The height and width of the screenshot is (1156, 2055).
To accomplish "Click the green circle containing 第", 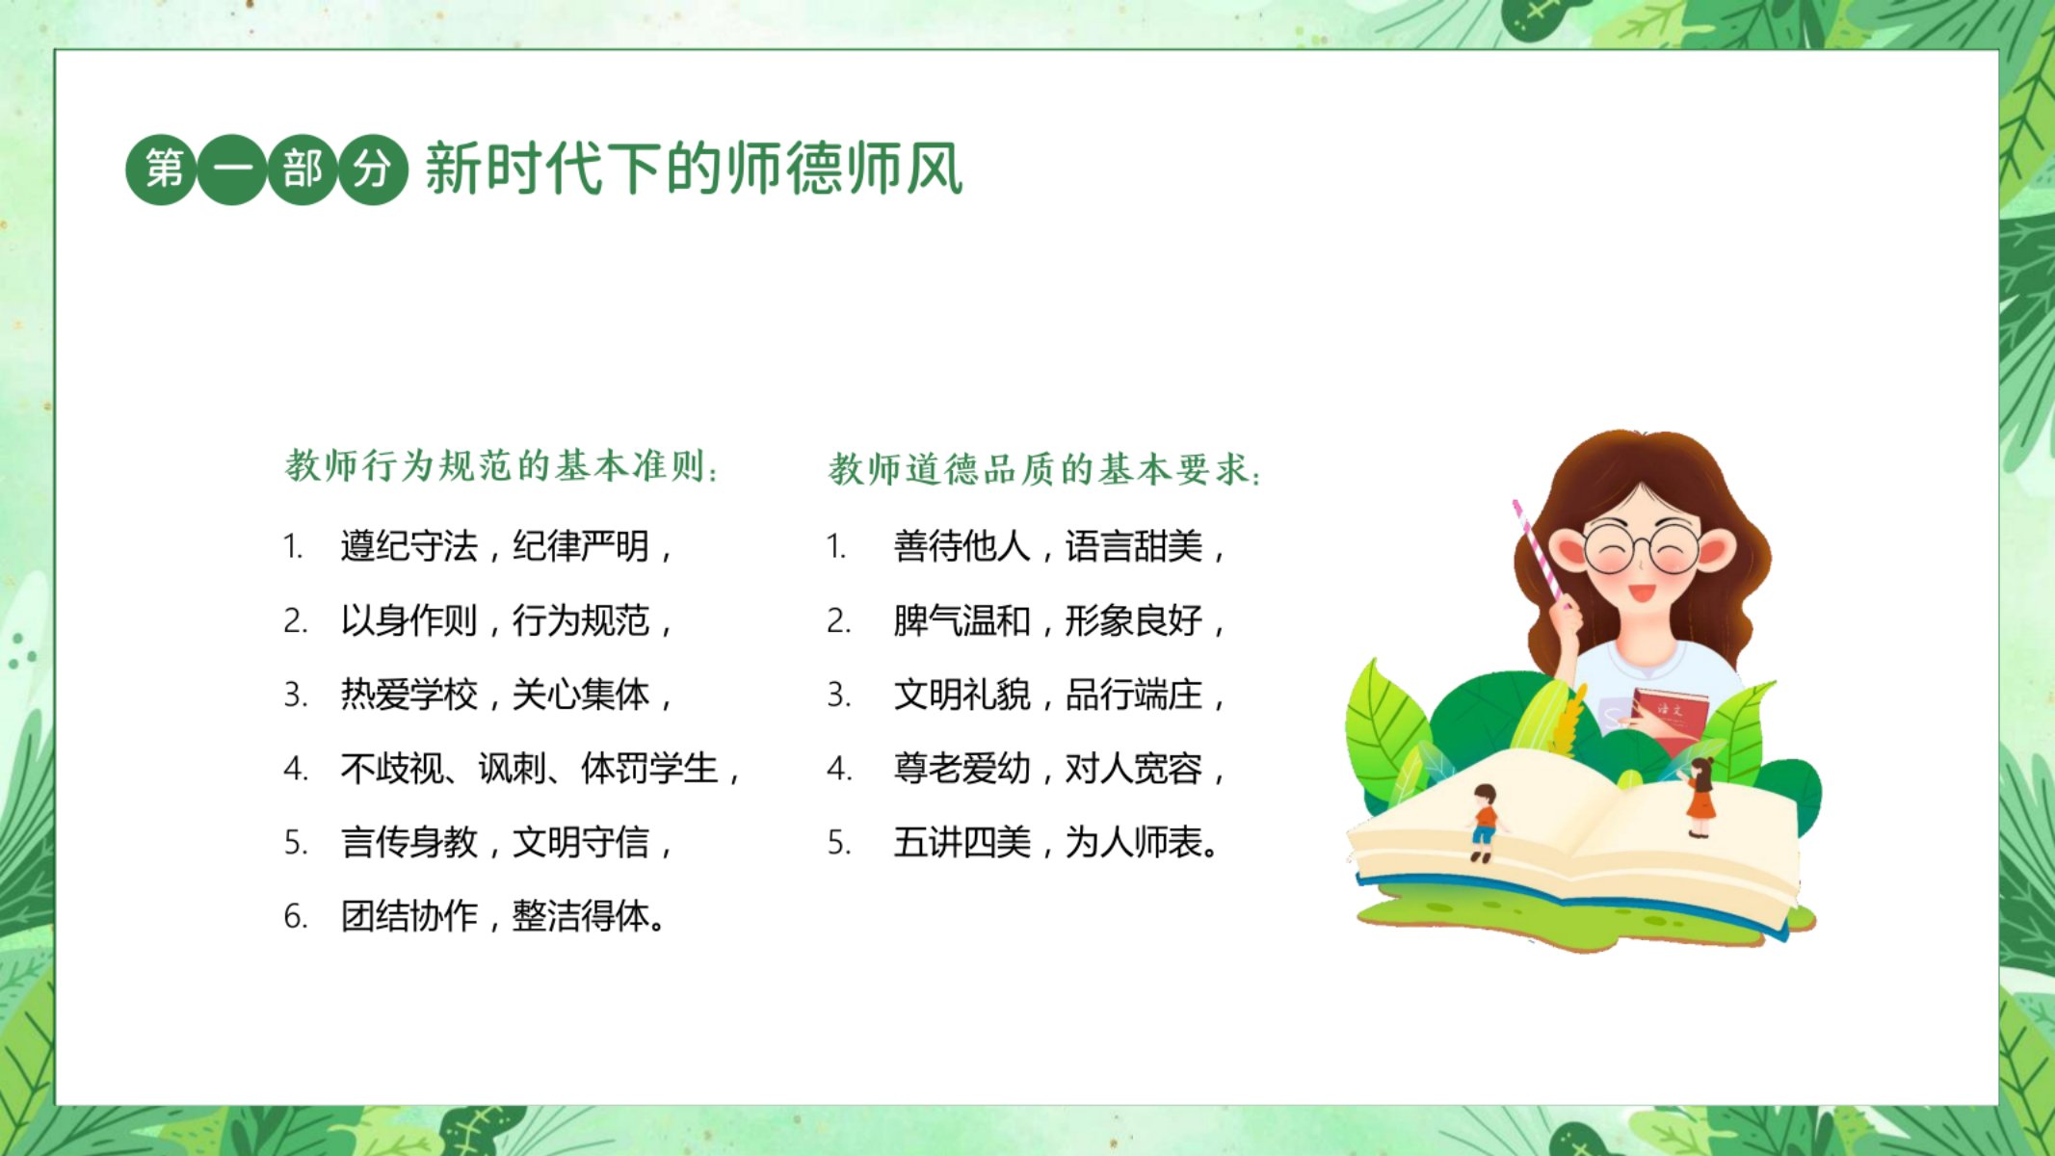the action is tap(162, 170).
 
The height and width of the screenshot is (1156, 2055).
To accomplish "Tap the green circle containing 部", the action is tap(302, 170).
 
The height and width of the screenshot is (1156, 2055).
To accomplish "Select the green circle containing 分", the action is tap(372, 170).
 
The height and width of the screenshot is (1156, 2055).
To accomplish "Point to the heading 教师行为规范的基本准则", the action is tap(502, 466).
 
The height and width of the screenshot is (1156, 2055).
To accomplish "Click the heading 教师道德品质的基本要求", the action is tap(1045, 470).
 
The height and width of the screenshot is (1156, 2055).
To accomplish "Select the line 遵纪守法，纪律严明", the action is tap(506, 546).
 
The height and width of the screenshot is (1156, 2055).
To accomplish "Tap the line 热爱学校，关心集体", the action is tap(506, 695).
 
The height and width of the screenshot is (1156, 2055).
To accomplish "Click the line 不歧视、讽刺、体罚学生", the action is tap(540, 769).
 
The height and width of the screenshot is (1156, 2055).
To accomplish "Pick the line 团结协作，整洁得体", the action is tap(503, 916).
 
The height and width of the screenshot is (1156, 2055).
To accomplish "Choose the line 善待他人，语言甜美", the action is tap(1059, 546).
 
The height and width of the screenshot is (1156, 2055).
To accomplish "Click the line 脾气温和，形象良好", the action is tap(1059, 620).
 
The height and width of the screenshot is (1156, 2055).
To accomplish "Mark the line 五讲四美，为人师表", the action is tap(1057, 843).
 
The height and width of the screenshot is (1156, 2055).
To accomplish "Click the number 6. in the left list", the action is tap(296, 917).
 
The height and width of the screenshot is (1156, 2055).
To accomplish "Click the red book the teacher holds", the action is tap(1670, 719).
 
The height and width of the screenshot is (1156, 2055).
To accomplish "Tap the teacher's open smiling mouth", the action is tap(1641, 591).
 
